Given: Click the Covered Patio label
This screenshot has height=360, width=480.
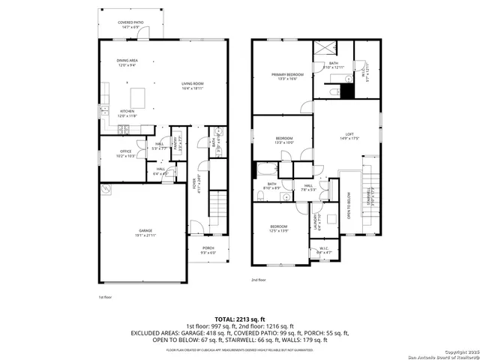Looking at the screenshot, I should pyautogui.click(x=130, y=25).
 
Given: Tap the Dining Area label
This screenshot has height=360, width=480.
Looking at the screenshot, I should pyautogui.click(x=127, y=63).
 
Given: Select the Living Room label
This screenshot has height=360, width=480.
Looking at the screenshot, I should pyautogui.click(x=193, y=85).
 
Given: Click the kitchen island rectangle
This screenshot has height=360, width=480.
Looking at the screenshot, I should pyautogui.click(x=136, y=97).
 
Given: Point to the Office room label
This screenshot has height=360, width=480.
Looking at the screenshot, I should pyautogui.click(x=125, y=154).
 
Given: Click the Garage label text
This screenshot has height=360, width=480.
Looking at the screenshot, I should pyautogui.click(x=145, y=233).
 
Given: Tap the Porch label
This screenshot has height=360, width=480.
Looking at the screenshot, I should pyautogui.click(x=208, y=250).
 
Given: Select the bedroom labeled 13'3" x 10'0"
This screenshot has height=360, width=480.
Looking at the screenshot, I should pyautogui.click(x=283, y=141).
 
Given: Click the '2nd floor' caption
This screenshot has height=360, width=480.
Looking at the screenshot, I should pyautogui.click(x=259, y=280).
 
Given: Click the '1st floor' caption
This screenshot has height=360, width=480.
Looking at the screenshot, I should pyautogui.click(x=106, y=298).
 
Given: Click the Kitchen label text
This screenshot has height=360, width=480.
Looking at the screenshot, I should pyautogui.click(x=127, y=113).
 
